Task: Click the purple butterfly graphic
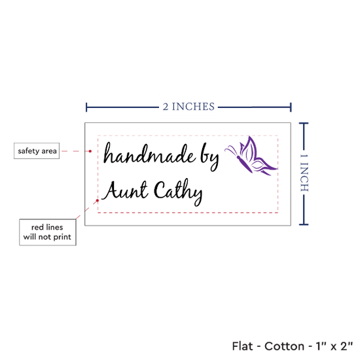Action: click(251, 156)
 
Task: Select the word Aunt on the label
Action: click(124, 190)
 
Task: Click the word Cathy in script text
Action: click(178, 192)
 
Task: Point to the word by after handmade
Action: click(209, 158)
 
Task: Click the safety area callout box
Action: click(37, 151)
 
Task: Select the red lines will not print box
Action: click(48, 232)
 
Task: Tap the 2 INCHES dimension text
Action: click(189, 107)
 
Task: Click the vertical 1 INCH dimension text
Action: click(304, 173)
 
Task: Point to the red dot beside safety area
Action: click(90, 151)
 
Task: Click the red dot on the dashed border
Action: click(98, 201)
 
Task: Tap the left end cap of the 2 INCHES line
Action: click(86, 107)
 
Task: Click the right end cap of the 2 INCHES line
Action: click(291, 107)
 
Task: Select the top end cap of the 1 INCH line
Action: click(304, 123)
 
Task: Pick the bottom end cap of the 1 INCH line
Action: click(304, 225)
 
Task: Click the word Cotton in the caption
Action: click(285, 346)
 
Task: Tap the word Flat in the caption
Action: click(242, 346)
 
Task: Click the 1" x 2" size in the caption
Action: click(334, 346)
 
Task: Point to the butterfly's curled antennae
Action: click(232, 151)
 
